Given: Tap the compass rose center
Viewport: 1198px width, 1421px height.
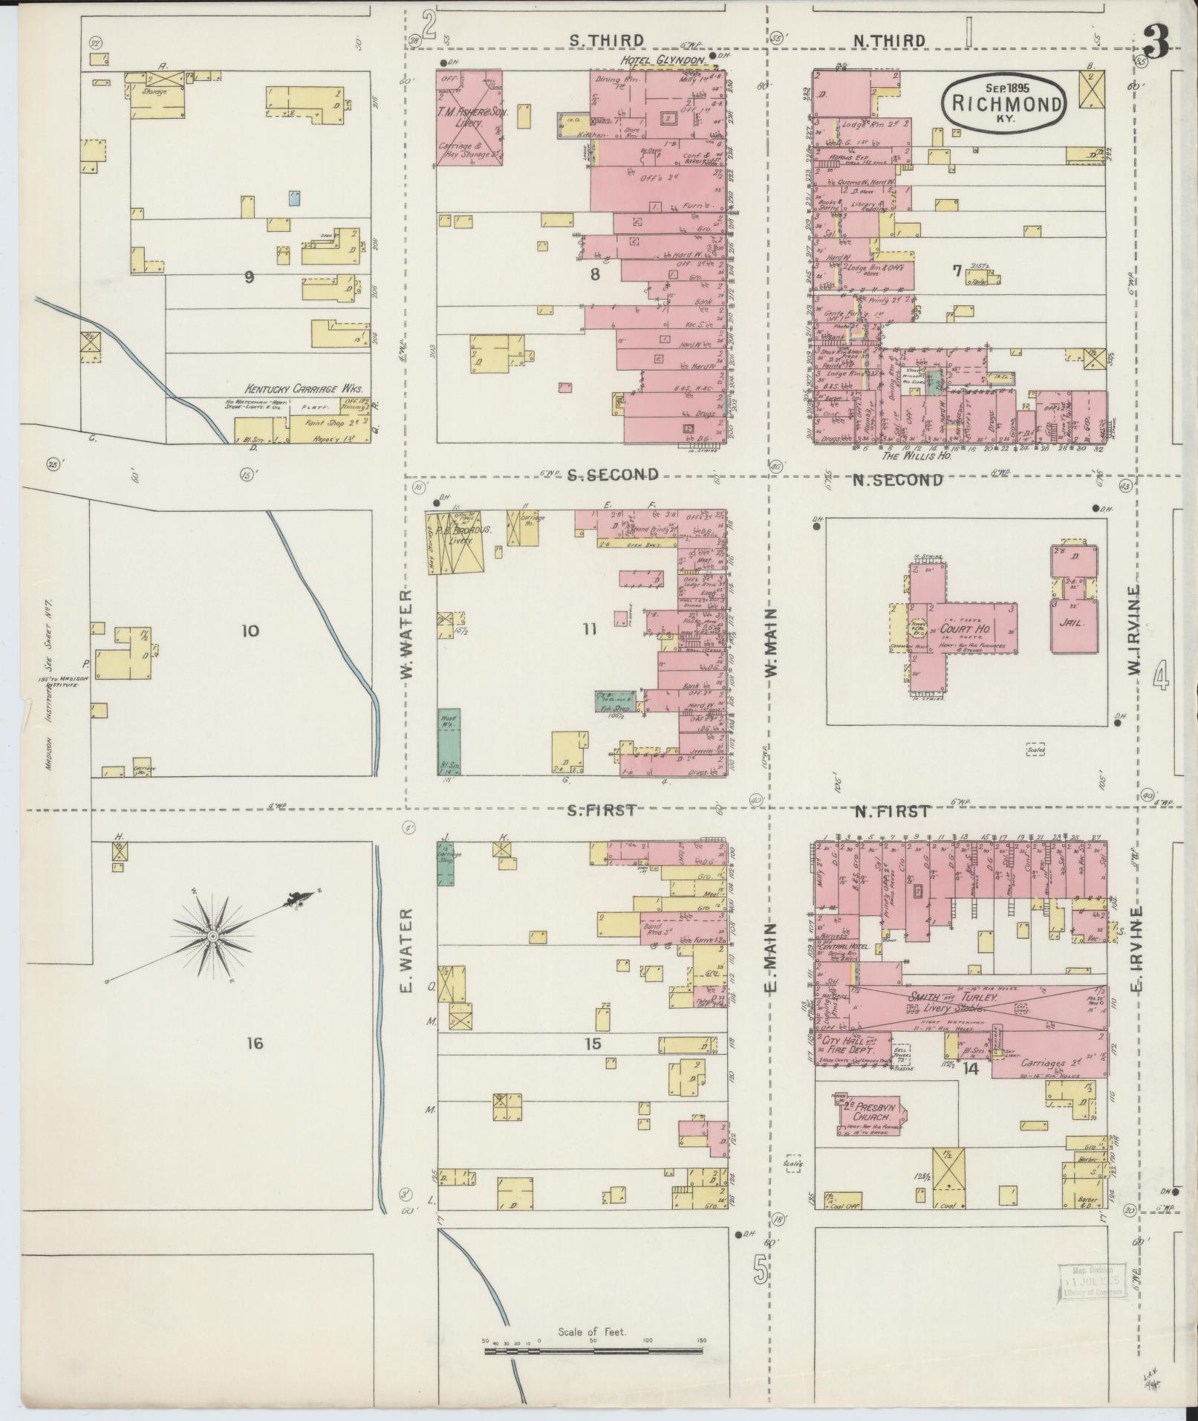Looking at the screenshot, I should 214,937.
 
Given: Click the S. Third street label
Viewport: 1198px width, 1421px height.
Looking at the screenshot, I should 606,40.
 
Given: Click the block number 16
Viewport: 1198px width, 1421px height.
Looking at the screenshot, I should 254,1044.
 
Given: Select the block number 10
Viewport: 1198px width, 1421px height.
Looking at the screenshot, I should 250,631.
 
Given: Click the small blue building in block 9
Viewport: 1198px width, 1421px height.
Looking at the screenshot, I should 294,198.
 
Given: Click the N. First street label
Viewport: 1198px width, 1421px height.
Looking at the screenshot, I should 891,811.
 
